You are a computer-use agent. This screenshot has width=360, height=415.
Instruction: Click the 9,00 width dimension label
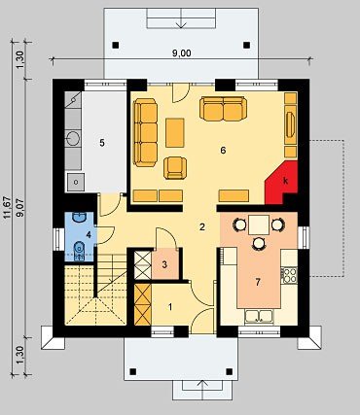(x=181, y=53)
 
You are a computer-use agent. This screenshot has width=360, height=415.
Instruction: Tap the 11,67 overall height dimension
(x=8, y=208)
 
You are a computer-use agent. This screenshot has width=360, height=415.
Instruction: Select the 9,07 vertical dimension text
(x=20, y=208)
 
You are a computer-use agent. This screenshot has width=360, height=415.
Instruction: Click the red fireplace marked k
(x=281, y=183)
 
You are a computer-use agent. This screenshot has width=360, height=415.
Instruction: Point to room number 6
(x=223, y=151)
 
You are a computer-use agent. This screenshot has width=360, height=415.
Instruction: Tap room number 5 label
(x=102, y=143)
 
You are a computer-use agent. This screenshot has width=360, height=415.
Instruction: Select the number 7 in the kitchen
(x=258, y=283)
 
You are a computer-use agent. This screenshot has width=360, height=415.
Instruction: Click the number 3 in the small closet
(x=164, y=264)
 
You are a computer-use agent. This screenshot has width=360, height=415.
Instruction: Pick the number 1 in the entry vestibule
(x=170, y=307)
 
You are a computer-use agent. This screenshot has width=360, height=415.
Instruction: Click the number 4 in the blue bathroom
(x=89, y=235)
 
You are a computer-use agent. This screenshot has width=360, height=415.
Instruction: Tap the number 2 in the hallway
(x=202, y=227)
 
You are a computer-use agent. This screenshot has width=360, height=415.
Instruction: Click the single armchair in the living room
(x=175, y=168)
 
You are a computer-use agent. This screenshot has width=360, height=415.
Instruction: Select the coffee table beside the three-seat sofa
(x=175, y=133)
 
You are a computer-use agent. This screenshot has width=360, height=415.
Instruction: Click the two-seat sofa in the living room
(x=223, y=108)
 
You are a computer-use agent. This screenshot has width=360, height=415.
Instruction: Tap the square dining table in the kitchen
(x=259, y=225)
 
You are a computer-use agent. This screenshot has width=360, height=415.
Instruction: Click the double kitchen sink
(x=260, y=317)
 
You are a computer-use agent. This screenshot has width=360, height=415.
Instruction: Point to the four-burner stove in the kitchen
(x=289, y=275)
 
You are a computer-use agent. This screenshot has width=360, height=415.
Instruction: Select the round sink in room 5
(x=73, y=138)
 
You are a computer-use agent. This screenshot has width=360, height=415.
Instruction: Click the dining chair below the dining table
(x=259, y=244)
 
